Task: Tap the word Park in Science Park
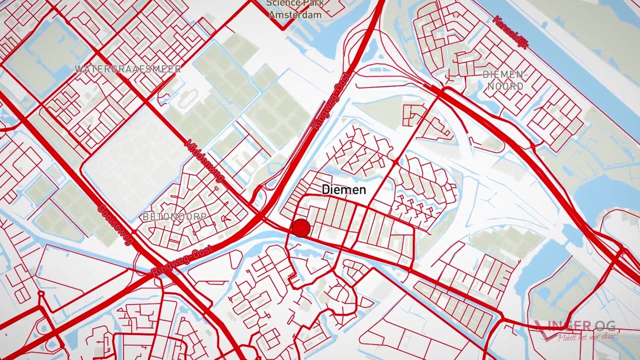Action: (x=308, y=3)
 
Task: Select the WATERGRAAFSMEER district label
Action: (x=128, y=69)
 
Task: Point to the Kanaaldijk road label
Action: (x=510, y=32)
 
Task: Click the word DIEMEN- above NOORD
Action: (x=505, y=75)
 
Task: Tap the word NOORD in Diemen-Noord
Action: (x=505, y=86)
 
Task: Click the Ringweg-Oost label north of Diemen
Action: (x=330, y=101)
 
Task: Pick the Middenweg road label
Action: (x=205, y=161)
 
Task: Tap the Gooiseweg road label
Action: (x=115, y=224)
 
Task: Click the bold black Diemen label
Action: (x=343, y=190)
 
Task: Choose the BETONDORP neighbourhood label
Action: (x=174, y=217)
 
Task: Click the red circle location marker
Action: (x=301, y=228)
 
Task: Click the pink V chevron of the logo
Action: (x=543, y=330)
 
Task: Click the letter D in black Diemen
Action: (x=326, y=190)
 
